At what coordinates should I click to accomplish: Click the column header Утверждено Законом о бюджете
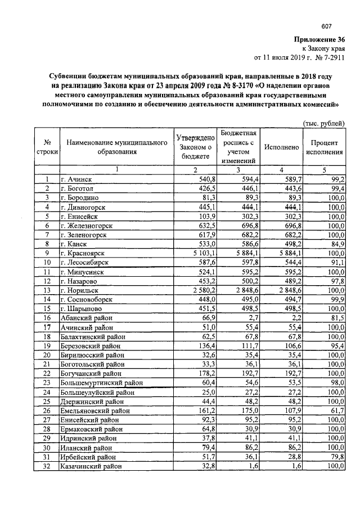pos(195,147)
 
